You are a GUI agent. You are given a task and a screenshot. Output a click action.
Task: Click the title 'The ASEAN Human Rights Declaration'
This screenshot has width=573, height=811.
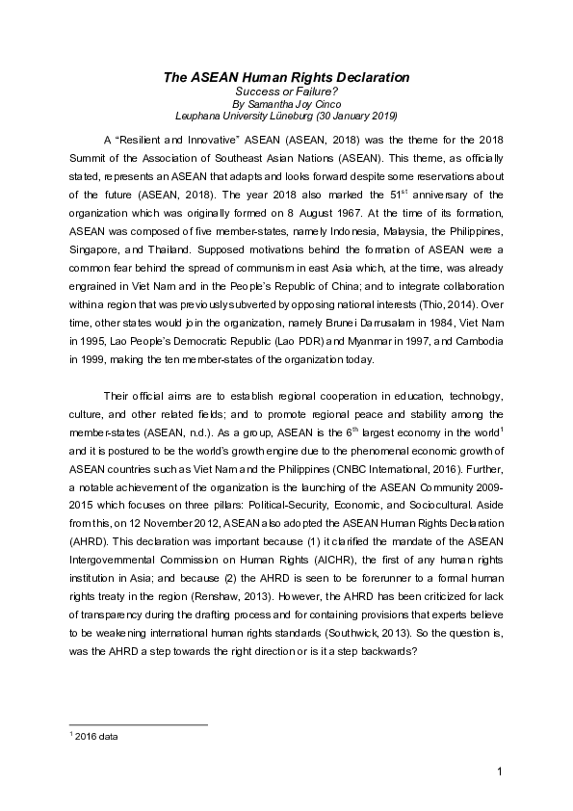(x=285, y=77)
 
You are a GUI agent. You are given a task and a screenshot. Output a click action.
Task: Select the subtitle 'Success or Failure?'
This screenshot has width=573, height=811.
(x=285, y=92)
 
